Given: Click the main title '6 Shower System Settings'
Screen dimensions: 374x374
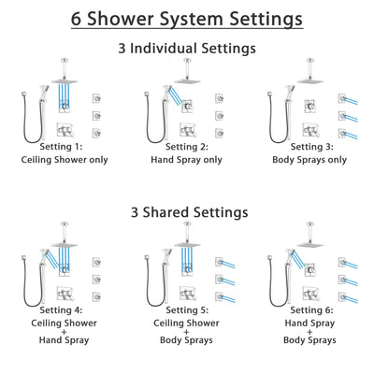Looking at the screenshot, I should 187,18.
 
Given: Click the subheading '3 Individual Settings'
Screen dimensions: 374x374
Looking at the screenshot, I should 187,48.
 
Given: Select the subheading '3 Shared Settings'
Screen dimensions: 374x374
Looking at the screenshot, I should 187,211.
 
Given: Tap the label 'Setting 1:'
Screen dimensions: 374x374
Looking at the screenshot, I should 66,147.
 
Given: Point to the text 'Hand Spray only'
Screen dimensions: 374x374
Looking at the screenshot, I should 187,159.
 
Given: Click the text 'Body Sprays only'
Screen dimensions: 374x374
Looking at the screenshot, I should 308,159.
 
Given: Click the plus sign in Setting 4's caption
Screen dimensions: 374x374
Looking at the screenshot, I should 66,328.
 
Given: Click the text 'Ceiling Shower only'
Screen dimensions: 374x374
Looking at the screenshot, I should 66,159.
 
